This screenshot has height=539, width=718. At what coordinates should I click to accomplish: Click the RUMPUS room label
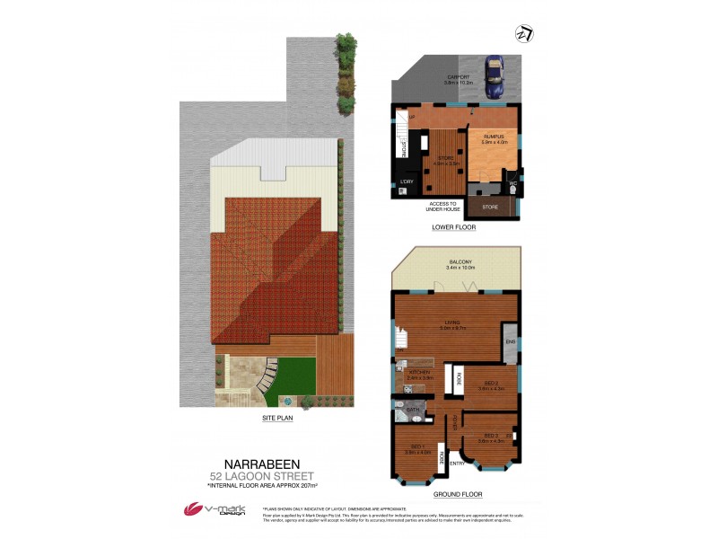[x=494, y=137]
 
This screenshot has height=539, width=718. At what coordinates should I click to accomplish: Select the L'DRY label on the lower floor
[x=407, y=182]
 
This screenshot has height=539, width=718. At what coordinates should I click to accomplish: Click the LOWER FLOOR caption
[x=453, y=227]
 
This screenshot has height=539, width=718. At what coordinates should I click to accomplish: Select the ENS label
[x=510, y=342]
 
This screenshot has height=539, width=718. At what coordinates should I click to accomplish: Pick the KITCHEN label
[x=420, y=372]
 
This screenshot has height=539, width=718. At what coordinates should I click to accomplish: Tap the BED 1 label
[x=416, y=446]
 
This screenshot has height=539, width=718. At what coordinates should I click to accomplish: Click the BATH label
[x=414, y=410]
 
